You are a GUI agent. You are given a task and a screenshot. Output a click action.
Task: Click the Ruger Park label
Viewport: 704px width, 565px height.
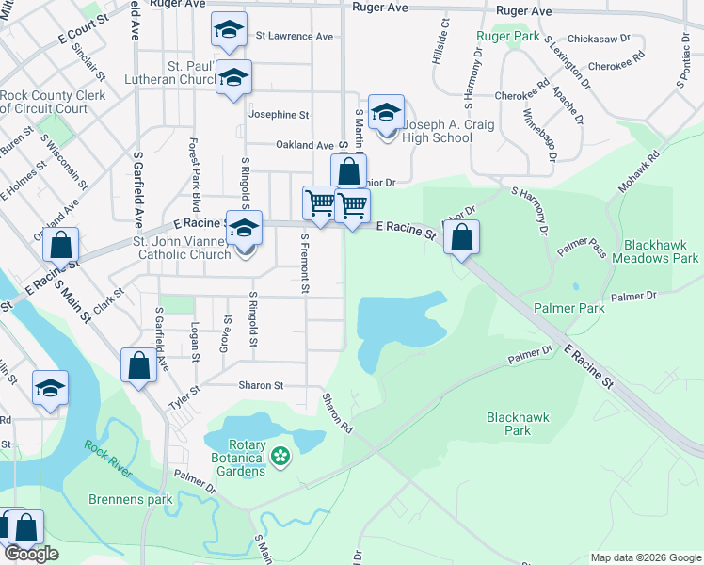click(507, 38)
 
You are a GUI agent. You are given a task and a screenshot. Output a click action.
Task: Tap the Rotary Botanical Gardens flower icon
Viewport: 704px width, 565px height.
click(279, 457)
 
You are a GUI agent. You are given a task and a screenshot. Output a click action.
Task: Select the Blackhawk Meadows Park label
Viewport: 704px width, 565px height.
click(655, 250)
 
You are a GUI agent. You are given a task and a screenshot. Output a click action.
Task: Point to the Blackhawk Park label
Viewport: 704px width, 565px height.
click(510, 423)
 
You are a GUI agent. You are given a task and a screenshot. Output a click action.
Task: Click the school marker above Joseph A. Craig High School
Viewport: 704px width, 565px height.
click(385, 113)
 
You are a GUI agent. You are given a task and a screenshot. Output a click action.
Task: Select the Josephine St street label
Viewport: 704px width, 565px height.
click(279, 115)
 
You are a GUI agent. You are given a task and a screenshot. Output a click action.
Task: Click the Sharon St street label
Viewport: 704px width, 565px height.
click(260, 385)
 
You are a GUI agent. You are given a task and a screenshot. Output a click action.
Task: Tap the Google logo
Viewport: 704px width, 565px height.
click(31, 555)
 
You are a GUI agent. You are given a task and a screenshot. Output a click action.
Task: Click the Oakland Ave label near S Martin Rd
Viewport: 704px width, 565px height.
click(304, 145)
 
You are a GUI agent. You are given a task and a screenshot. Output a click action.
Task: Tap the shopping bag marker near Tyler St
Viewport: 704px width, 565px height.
click(138, 365)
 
